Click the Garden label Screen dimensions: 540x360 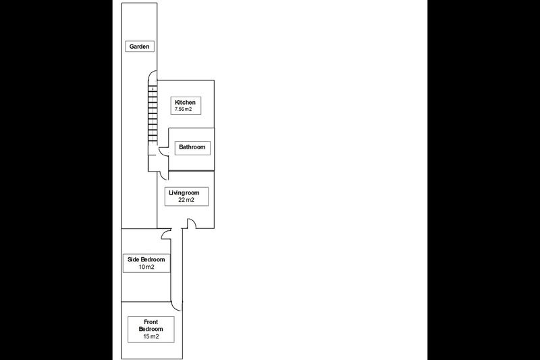coord(139,47)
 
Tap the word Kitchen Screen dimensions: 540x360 coord(185,102)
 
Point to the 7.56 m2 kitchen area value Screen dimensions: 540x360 coord(183,109)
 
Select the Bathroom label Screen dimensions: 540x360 coord(192,147)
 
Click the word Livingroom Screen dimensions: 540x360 coord(184,192)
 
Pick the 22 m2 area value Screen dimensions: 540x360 coord(186,200)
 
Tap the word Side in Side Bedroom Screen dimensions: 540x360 coord(133,259)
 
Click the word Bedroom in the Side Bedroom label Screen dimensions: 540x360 coord(153,259)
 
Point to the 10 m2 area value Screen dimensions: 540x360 coord(146,267)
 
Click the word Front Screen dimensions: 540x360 coord(151,322)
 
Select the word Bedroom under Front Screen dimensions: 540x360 coord(151,329)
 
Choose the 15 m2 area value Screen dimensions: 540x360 coord(151,336)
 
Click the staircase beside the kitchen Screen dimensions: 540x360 coord(153,113)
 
